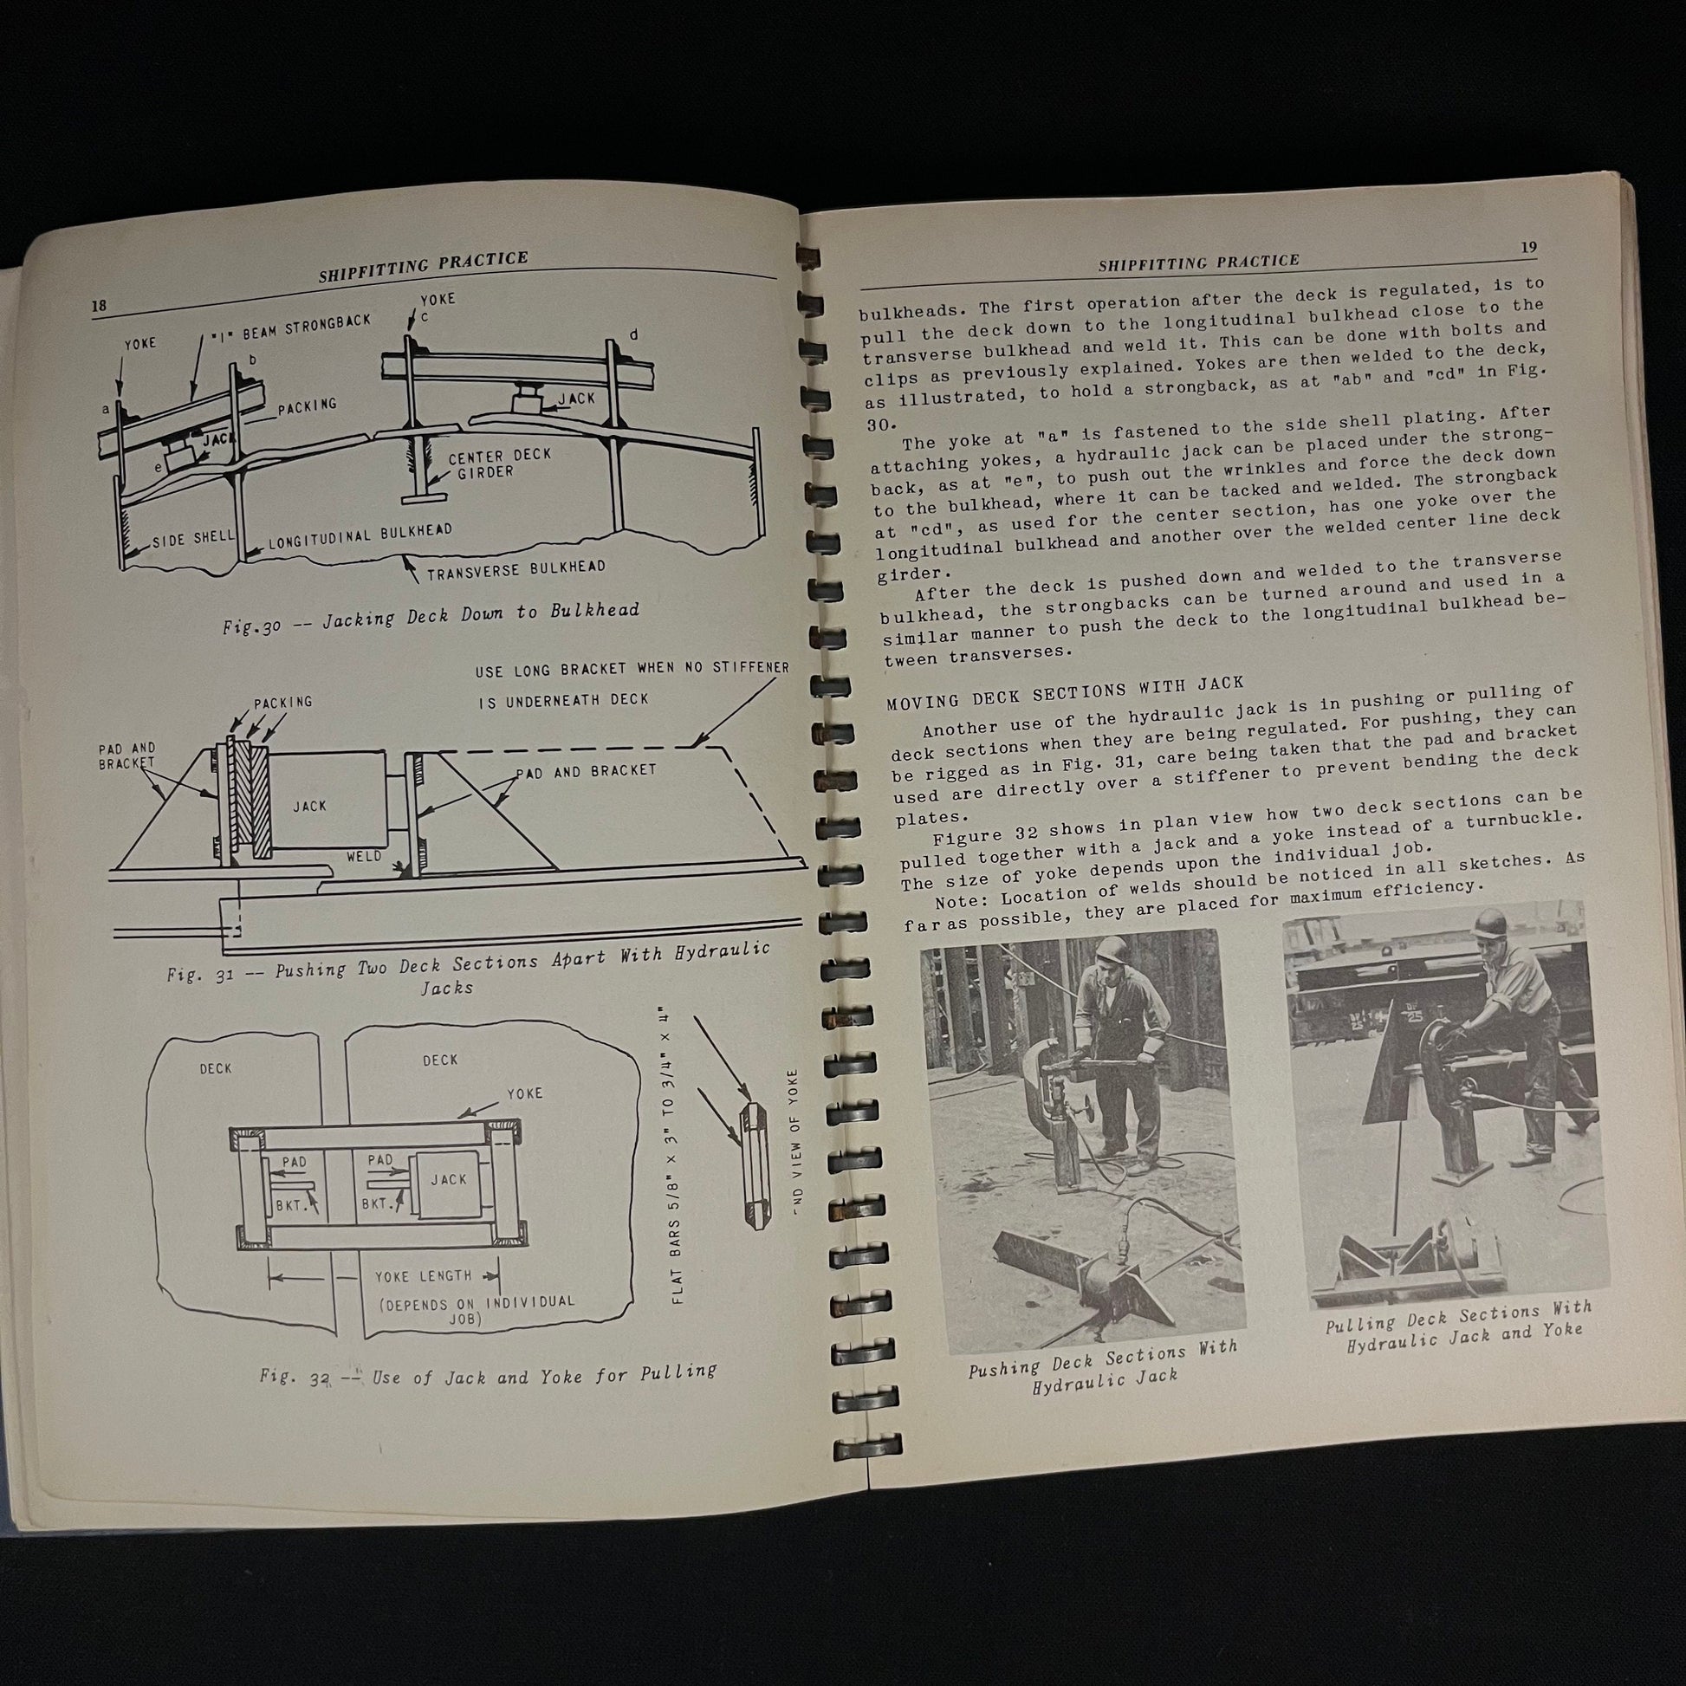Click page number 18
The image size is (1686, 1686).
coord(99,305)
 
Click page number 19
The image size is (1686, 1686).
coord(1528,248)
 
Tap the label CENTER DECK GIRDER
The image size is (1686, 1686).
coord(497,464)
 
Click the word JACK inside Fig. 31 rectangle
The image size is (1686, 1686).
coord(310,807)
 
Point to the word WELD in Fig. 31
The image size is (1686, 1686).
coord(364,855)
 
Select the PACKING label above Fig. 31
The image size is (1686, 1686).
coord(282,703)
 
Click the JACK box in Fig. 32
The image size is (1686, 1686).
coord(449,1181)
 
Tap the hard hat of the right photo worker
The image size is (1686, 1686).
coord(1489,926)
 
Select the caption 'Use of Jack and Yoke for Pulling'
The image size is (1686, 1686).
coord(544,1374)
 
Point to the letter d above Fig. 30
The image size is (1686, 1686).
coord(633,335)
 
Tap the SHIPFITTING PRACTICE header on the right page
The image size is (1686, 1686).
coord(1199,262)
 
